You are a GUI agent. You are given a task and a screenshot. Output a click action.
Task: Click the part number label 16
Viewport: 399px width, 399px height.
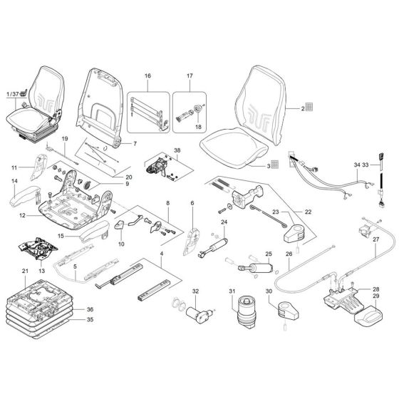point(148,76)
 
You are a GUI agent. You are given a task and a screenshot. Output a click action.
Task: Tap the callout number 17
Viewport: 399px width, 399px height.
point(190,76)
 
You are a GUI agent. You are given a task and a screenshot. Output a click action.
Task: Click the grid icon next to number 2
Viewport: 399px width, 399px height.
point(312,108)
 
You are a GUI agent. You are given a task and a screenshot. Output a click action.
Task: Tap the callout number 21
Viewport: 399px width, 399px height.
point(24,271)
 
